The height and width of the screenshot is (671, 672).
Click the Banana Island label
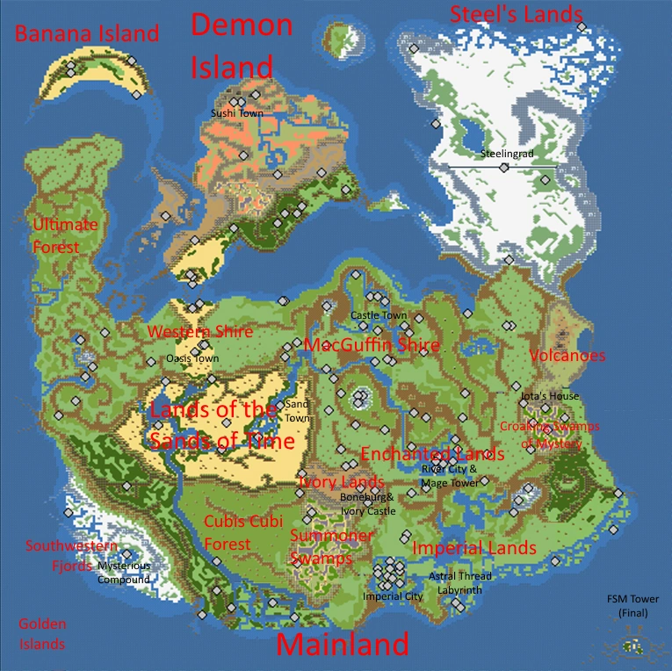click(x=87, y=34)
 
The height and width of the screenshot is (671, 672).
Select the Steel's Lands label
click(x=516, y=14)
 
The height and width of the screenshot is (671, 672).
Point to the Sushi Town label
click(x=236, y=113)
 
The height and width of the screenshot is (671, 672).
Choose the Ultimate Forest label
click(x=65, y=235)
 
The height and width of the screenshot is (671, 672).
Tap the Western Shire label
click(x=200, y=332)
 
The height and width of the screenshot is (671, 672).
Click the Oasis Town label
click(x=192, y=358)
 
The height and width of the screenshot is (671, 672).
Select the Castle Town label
click(x=379, y=315)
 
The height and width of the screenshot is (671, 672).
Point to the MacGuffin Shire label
click(x=372, y=345)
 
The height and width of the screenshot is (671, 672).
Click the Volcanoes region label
click(x=567, y=356)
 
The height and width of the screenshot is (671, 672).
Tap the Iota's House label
click(x=550, y=396)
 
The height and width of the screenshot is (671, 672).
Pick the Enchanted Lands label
click(x=432, y=454)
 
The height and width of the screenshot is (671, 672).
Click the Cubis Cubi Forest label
click(x=240, y=532)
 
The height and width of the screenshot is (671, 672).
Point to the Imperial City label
click(x=393, y=596)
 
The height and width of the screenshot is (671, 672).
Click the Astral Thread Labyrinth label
click(x=460, y=583)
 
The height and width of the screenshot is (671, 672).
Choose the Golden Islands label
click(x=42, y=634)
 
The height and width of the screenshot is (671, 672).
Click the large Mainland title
click(x=343, y=644)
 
